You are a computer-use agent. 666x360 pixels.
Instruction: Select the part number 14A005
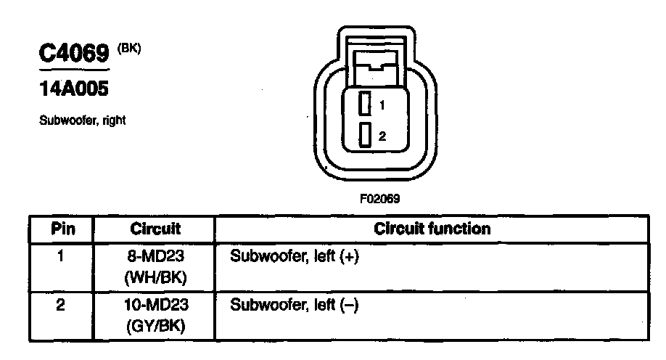(x=73, y=90)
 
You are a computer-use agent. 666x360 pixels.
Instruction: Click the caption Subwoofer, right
(x=82, y=120)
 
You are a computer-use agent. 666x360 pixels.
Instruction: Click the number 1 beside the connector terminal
(x=382, y=105)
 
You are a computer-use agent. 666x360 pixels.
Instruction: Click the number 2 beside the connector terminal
(x=382, y=136)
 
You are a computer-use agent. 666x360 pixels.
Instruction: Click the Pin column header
(x=62, y=229)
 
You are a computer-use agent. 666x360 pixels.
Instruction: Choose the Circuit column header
(x=155, y=229)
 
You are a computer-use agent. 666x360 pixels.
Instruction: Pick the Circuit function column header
(x=432, y=229)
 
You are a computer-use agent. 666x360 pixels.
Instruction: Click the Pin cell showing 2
(x=62, y=305)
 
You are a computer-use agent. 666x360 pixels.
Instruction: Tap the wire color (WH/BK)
(x=155, y=277)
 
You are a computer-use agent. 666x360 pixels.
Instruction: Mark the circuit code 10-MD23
(x=155, y=306)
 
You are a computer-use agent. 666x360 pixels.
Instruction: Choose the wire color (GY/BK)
(x=155, y=327)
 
